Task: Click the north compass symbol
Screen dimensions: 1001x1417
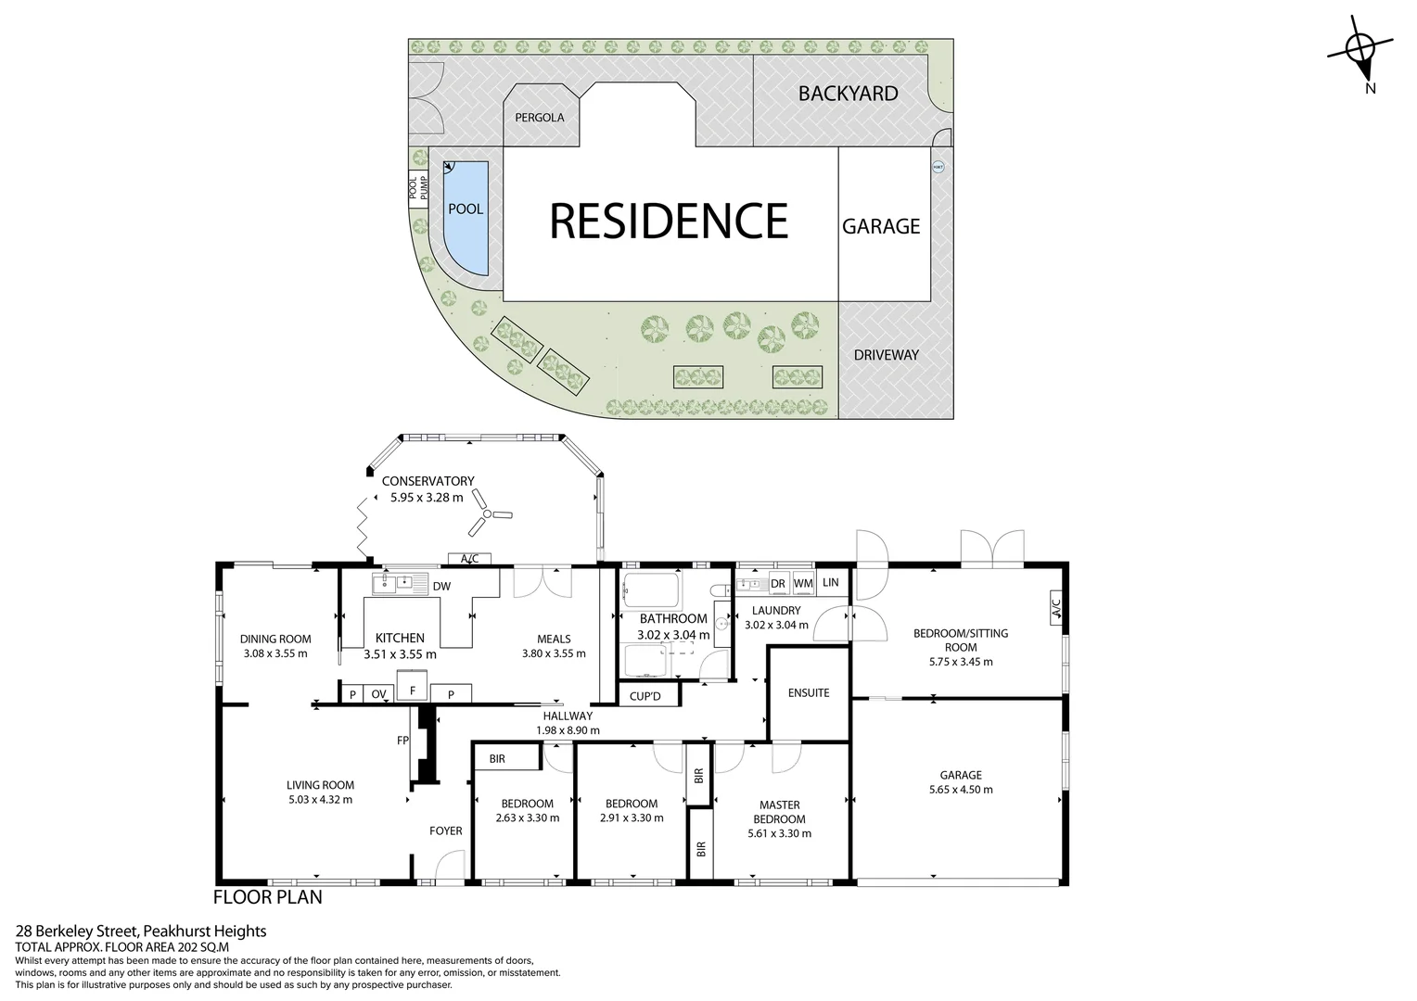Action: pyautogui.click(x=1360, y=51)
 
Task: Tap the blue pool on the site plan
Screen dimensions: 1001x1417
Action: pyautogui.click(x=466, y=218)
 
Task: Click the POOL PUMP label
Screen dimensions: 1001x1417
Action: pyautogui.click(x=419, y=188)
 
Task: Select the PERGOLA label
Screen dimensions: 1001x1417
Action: pyautogui.click(x=540, y=118)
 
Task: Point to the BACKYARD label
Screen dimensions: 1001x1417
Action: pyautogui.click(x=848, y=94)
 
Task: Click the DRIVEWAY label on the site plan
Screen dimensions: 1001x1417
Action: pyautogui.click(x=886, y=355)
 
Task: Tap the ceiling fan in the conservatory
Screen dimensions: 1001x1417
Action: pyautogui.click(x=489, y=516)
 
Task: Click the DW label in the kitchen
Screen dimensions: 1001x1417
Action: pyautogui.click(x=441, y=586)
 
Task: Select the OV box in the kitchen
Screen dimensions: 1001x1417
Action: pyautogui.click(x=378, y=693)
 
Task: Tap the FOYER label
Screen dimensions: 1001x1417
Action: pyautogui.click(x=446, y=830)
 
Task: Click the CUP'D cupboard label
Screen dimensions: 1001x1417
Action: pyautogui.click(x=645, y=695)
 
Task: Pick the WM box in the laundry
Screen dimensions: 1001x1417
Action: pyautogui.click(x=803, y=583)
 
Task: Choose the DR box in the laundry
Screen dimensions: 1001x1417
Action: pyautogui.click(x=777, y=583)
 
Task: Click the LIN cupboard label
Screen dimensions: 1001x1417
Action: pyautogui.click(x=830, y=582)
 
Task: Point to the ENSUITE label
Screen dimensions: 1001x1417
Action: pyautogui.click(x=809, y=692)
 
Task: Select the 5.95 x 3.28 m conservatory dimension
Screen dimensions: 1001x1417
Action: pyautogui.click(x=427, y=497)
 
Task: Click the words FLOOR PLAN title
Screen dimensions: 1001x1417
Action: pyautogui.click(x=268, y=897)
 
